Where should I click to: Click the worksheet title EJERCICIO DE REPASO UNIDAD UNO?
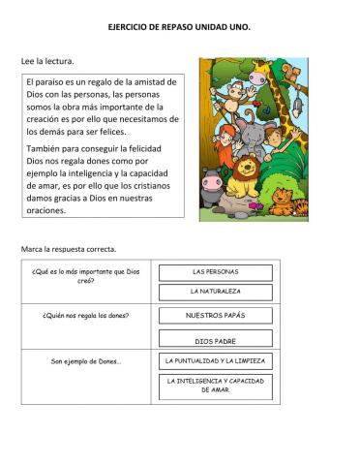click(179, 28)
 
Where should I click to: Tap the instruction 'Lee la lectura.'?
click(47, 62)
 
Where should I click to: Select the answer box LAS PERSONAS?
click(215, 271)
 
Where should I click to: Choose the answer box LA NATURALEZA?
click(215, 291)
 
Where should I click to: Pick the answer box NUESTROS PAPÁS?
click(215, 316)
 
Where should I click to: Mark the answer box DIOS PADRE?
click(215, 340)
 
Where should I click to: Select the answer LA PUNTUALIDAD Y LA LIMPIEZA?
click(215, 361)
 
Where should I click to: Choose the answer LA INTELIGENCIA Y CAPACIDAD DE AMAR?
click(215, 386)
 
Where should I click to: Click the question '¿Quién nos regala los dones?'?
click(86, 316)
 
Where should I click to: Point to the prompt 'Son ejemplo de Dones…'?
click(86, 362)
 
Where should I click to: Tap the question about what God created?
click(86, 275)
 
